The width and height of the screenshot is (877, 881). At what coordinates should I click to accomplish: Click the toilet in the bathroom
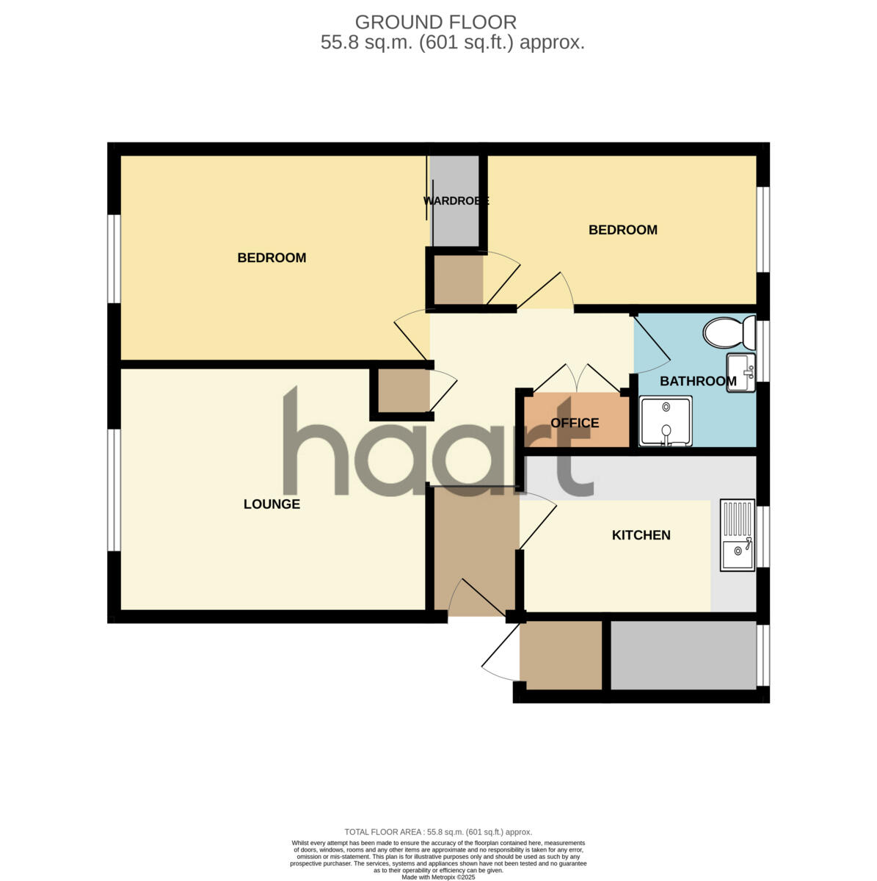tap(729, 333)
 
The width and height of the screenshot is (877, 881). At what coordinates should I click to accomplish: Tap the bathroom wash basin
tap(740, 372)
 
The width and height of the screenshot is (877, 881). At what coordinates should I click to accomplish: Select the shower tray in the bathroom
tap(666, 421)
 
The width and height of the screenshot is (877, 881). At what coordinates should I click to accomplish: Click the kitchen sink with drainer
tap(737, 535)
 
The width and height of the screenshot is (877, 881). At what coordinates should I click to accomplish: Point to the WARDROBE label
tap(456, 200)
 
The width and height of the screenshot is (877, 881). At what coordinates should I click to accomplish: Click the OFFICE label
tap(575, 423)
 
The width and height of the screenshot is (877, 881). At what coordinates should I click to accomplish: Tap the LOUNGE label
tap(272, 504)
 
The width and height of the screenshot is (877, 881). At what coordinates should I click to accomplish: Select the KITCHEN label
tap(641, 535)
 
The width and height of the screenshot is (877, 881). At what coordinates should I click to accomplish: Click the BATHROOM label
tap(697, 381)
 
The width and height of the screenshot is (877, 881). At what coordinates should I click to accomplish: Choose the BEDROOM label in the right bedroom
tap(622, 230)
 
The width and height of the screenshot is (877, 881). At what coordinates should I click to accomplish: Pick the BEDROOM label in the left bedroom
tap(272, 258)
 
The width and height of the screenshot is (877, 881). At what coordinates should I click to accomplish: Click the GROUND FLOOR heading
tap(435, 23)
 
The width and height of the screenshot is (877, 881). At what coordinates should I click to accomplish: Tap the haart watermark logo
tap(437, 448)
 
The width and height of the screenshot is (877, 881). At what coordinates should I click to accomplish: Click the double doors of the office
tap(576, 380)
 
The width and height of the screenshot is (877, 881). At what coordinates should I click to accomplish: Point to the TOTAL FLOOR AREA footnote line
tap(438, 832)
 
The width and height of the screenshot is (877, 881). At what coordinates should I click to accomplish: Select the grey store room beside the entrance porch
tap(683, 656)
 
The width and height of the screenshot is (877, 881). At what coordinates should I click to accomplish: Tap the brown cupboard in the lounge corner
tap(404, 390)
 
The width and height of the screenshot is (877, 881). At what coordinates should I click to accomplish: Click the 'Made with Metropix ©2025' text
tap(438, 877)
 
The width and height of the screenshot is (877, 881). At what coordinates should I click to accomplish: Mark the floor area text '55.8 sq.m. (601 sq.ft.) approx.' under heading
tap(452, 43)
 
